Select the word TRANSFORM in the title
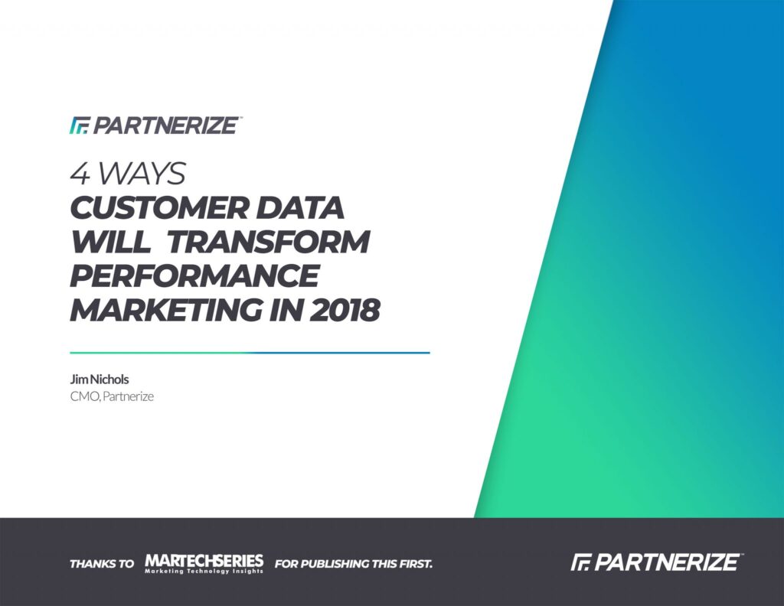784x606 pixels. (267, 242)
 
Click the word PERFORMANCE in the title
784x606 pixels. (194, 275)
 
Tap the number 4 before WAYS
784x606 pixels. (80, 174)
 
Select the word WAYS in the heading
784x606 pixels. (142, 174)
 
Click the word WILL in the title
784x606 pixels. (110, 242)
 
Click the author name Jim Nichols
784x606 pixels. (100, 380)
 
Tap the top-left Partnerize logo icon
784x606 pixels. (79, 125)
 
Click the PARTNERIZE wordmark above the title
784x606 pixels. (165, 125)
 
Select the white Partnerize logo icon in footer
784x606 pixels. (580, 562)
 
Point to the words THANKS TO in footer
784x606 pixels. (102, 564)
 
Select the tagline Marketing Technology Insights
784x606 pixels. (204, 571)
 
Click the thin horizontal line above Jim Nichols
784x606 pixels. (250, 353)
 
